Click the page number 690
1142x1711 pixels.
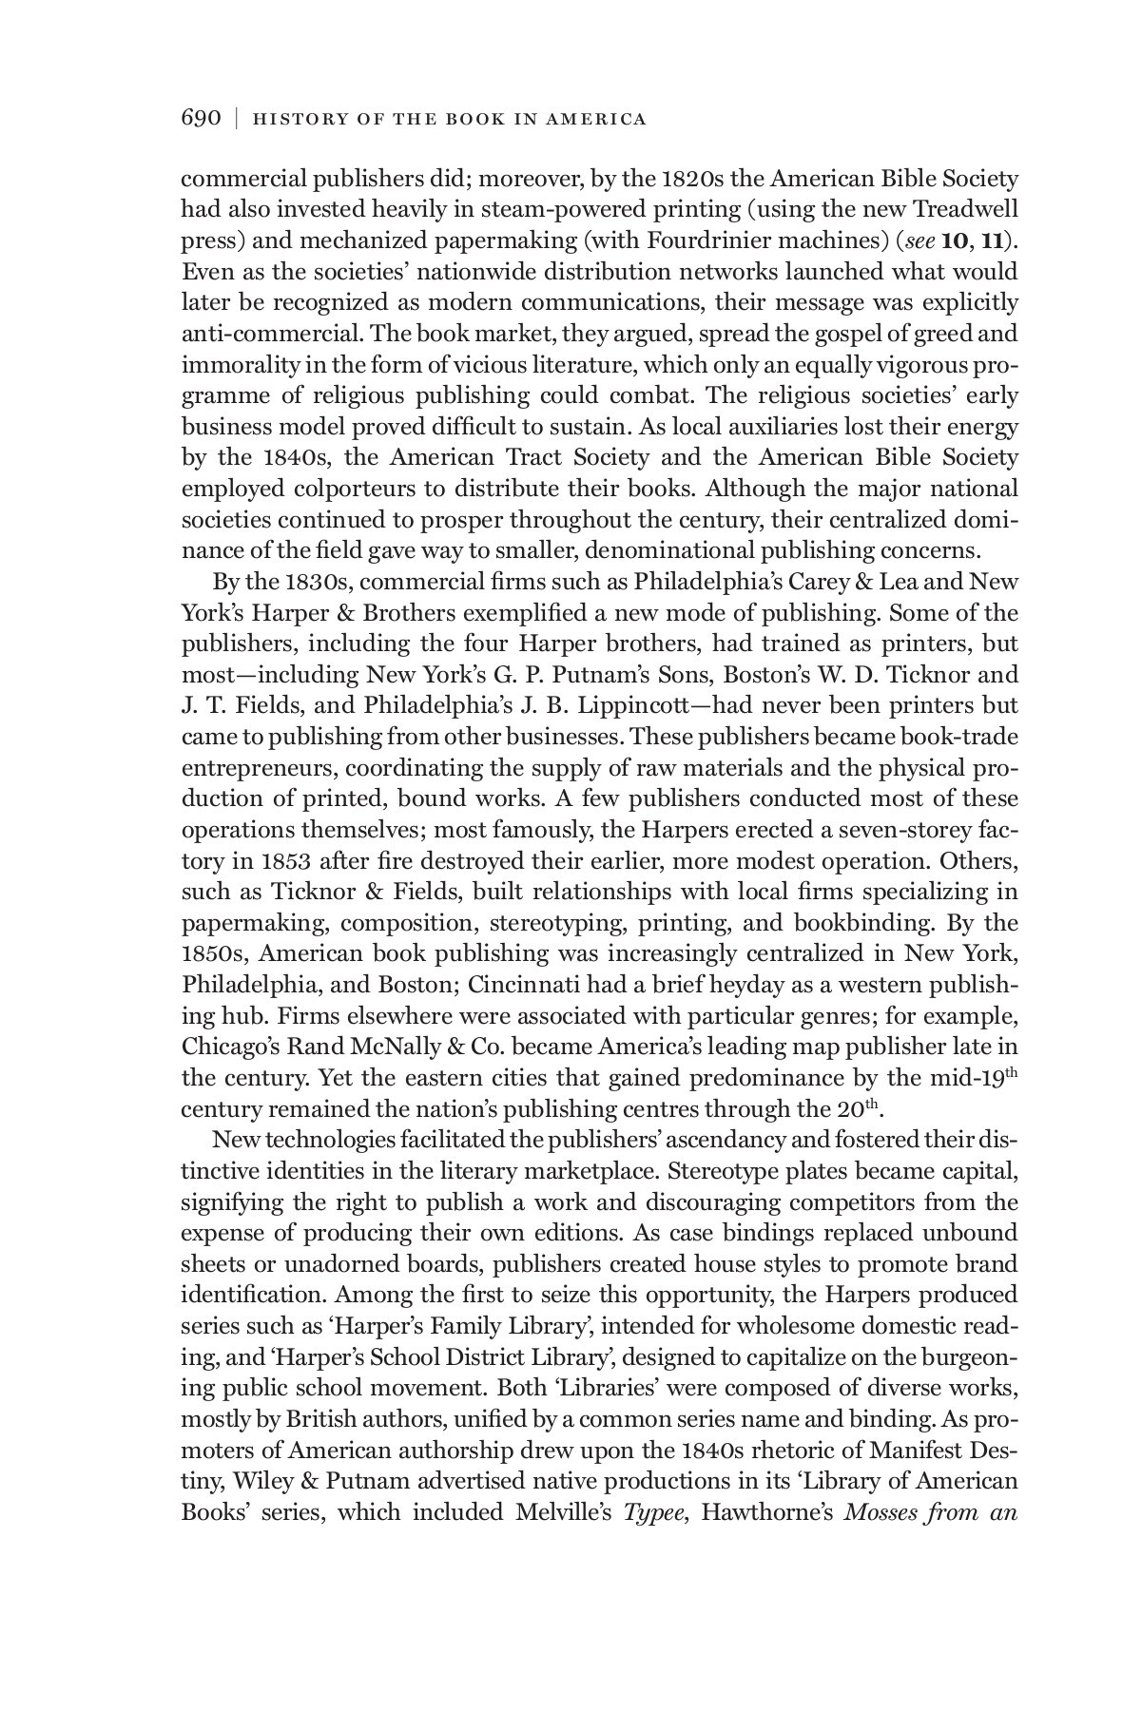pos(201,118)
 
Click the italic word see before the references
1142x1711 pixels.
pos(919,240)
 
